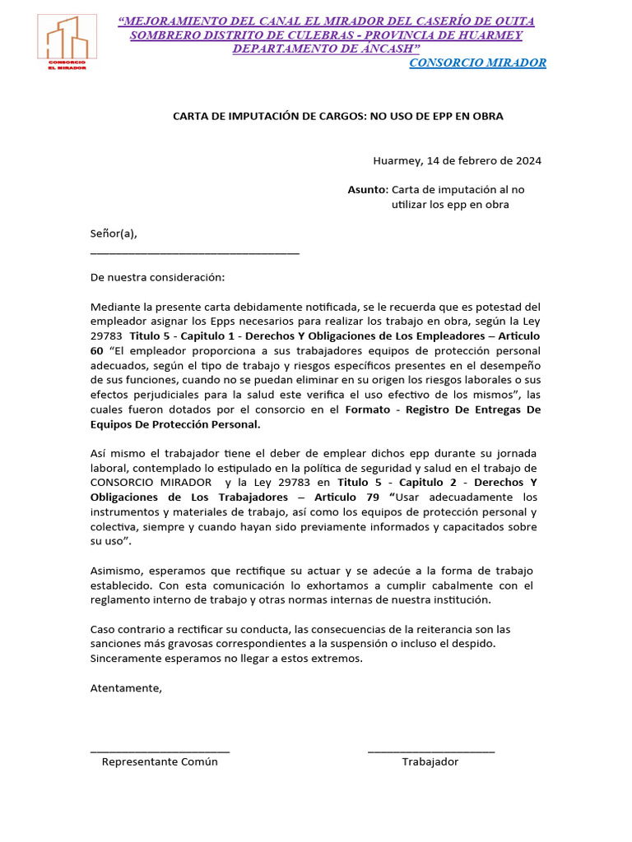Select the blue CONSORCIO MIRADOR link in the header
coord(477,63)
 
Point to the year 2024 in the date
coord(525,160)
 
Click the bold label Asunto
coord(366,189)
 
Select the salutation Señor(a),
coord(114,234)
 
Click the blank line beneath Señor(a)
coord(194,253)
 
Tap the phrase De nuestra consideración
coord(156,278)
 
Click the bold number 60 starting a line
coord(97,351)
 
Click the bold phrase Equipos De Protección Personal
coord(174,424)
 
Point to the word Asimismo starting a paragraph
coord(115,571)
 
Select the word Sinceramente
coord(125,659)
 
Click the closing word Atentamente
coord(126,688)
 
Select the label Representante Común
coord(160,761)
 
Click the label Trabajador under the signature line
coord(430,761)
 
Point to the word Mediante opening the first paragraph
coord(114,307)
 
